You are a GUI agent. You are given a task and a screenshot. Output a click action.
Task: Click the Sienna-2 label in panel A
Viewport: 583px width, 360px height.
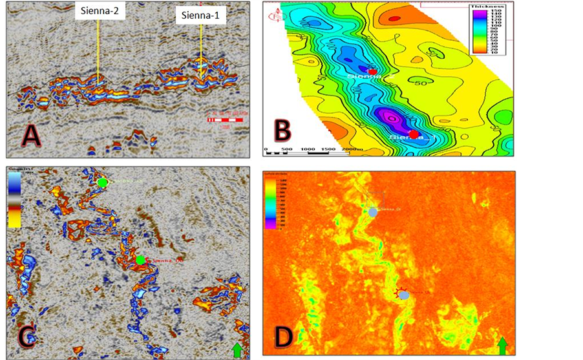point(100,11)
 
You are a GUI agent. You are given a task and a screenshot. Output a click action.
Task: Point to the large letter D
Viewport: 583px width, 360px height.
point(284,334)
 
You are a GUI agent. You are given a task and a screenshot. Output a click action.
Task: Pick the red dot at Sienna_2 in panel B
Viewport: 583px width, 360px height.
point(372,71)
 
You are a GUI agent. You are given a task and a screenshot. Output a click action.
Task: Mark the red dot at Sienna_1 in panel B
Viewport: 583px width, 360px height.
point(414,134)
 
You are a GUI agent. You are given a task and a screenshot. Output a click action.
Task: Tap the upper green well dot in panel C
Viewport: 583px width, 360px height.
point(102,183)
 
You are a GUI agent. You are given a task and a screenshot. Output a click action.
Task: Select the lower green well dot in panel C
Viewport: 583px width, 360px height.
point(140,260)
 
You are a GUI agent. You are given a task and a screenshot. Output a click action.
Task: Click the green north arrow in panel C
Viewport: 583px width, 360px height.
point(237,350)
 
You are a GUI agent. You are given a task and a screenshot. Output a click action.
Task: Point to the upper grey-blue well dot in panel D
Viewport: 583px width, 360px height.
point(373,211)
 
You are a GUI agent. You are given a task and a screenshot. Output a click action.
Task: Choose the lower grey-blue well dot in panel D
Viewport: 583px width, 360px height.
point(404,295)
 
